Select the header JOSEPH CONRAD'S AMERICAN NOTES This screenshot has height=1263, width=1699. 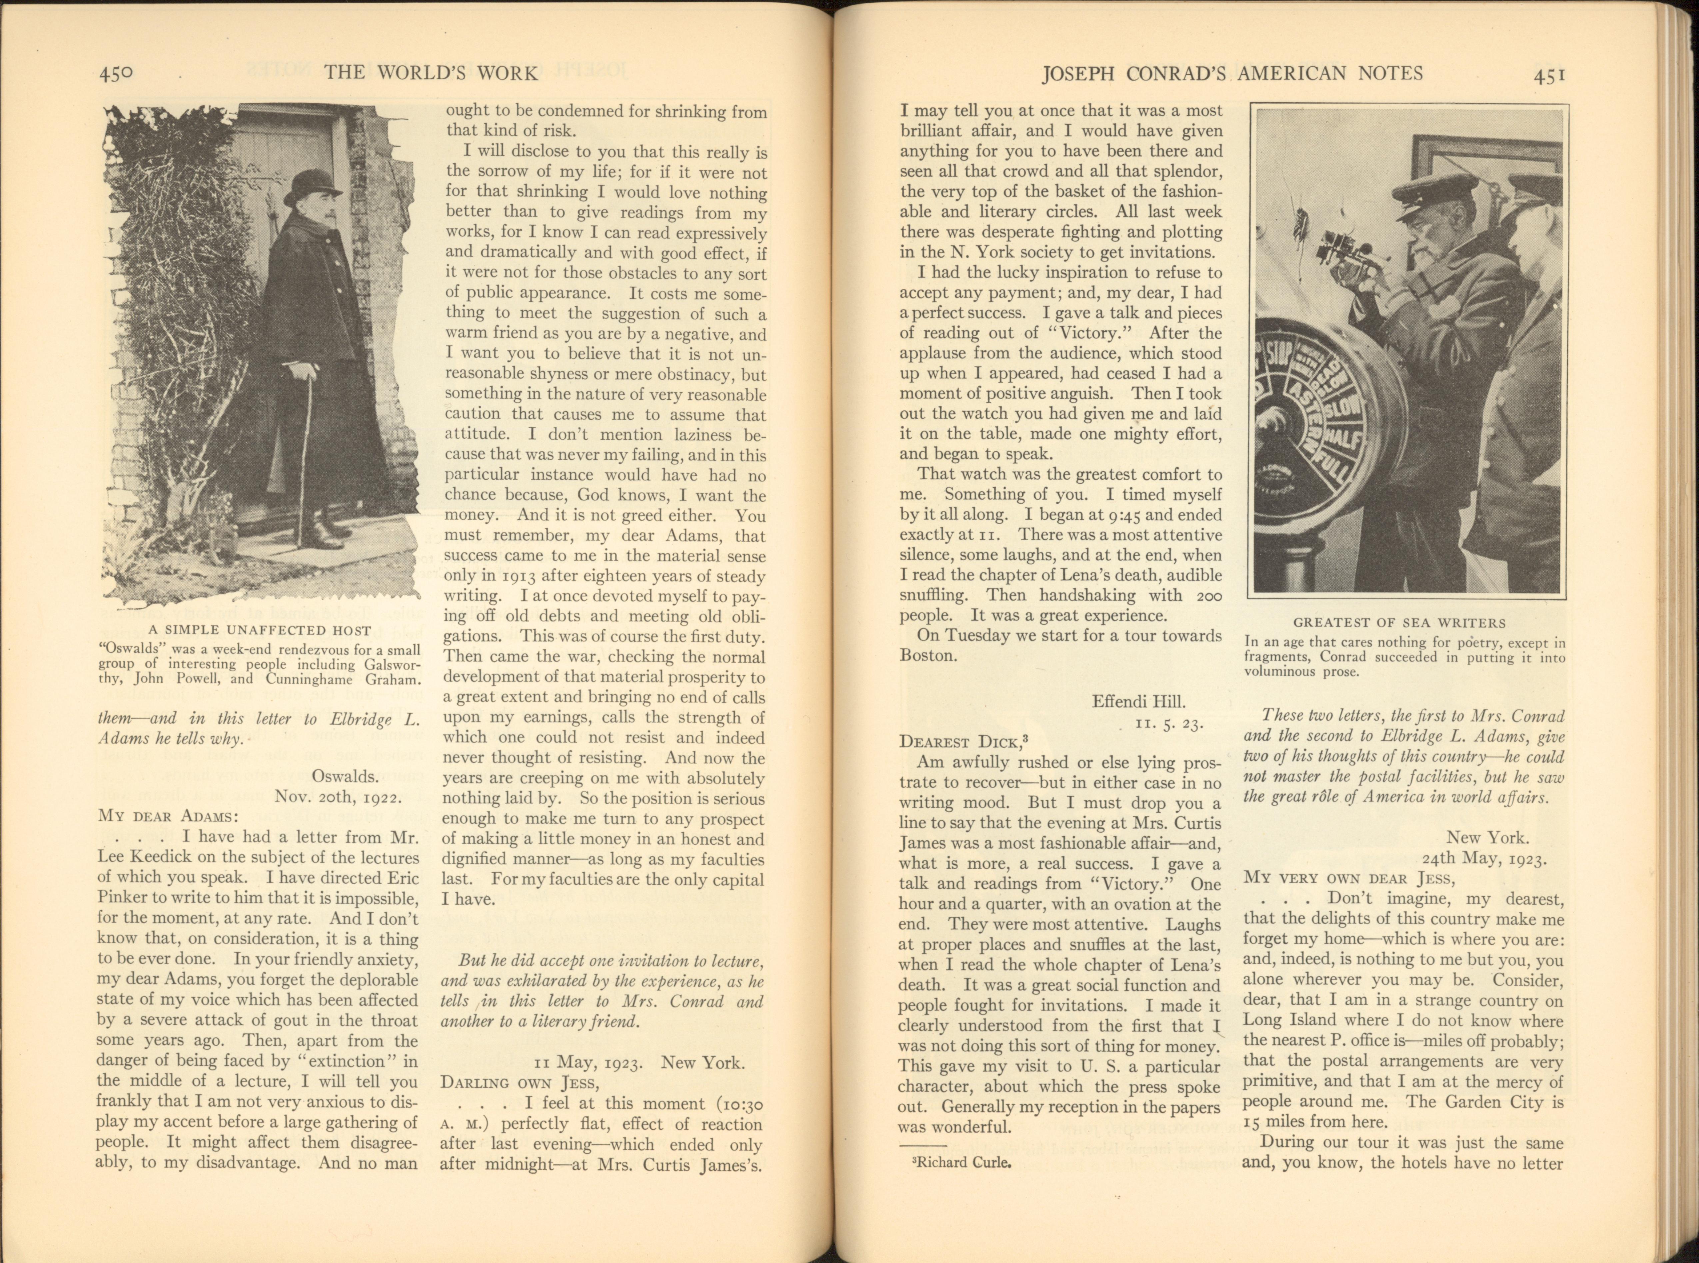[1233, 73]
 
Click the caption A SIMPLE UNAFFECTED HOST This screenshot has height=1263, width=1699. [260, 631]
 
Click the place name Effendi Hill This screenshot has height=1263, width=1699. [1139, 701]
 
